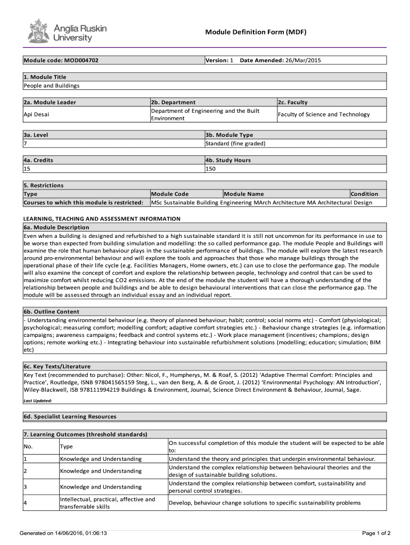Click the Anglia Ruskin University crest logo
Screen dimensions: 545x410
coord(37,31)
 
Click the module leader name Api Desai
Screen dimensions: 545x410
coord(37,114)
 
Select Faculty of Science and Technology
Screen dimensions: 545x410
coord(323,114)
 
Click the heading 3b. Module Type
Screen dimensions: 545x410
coord(229,135)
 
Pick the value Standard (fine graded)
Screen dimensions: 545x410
coord(235,144)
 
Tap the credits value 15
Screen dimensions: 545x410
coord(27,169)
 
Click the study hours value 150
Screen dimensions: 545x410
coord(211,169)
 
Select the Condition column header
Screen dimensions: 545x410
coord(364,194)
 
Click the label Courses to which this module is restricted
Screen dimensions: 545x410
coord(84,203)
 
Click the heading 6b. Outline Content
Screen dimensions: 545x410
coord(51,312)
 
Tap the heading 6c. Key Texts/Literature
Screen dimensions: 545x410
coord(57,367)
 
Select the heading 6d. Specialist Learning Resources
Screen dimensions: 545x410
coord(70,417)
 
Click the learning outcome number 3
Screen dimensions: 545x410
coord(26,487)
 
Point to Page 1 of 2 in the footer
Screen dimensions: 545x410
coord(376,533)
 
